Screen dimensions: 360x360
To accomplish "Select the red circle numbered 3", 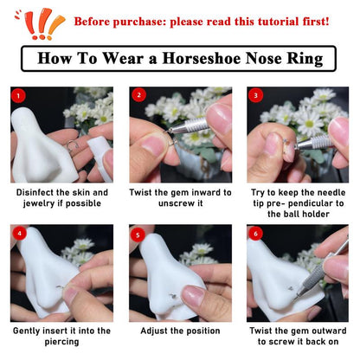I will [255, 95].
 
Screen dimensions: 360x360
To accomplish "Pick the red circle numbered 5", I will [138, 234].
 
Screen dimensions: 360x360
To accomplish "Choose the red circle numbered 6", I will [255, 234].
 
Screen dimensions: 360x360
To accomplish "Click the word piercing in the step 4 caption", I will [61, 342].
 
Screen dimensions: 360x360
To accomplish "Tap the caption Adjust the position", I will [179, 331].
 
